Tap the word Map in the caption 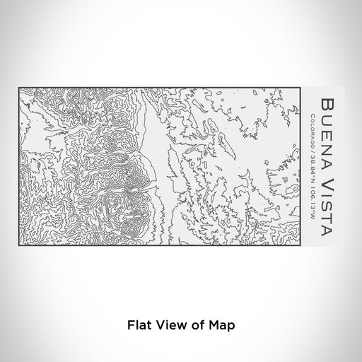pyautogui.click(x=218, y=326)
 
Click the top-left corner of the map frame pyautogui.click(x=19, y=88)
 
